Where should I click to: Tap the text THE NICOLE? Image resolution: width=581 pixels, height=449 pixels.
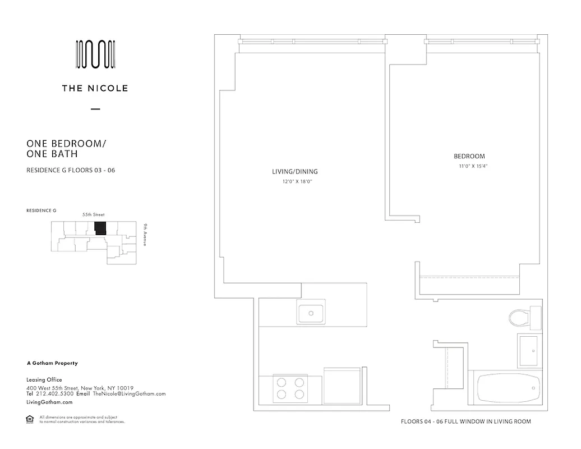point(95,88)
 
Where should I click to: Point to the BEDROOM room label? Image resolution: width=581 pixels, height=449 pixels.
point(469,156)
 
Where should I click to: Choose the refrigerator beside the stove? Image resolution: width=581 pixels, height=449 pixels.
point(342,386)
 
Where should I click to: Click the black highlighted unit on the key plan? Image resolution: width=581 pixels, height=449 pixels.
point(100,228)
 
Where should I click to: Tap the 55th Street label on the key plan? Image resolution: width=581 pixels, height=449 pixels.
point(93,215)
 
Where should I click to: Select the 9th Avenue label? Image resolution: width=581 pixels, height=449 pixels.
point(144,235)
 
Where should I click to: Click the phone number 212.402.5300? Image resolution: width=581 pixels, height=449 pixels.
point(54,394)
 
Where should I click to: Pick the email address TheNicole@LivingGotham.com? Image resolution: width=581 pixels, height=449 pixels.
point(129,394)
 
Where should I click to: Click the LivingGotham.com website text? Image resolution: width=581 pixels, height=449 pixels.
point(50,402)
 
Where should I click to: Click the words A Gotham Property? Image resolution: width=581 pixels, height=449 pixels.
point(52,363)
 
